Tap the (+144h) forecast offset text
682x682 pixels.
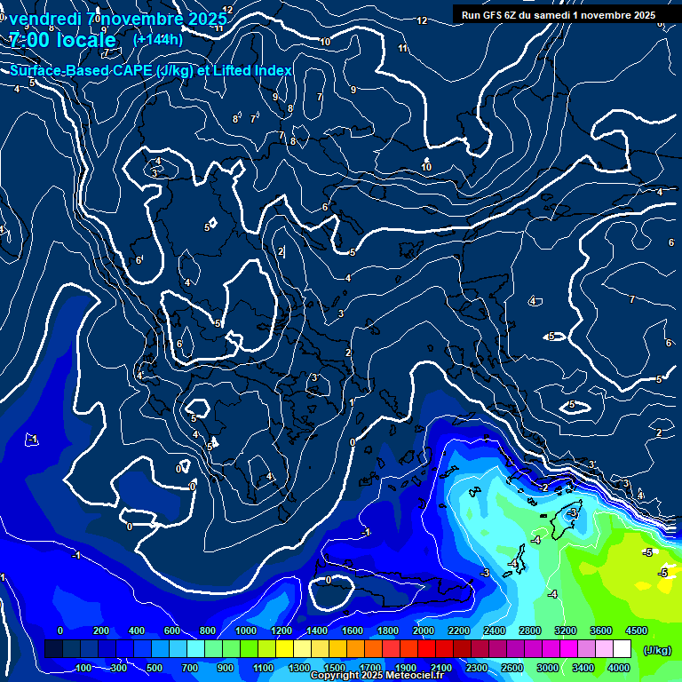click(158, 40)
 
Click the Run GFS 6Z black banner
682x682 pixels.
click(559, 15)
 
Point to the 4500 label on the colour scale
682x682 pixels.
click(636, 630)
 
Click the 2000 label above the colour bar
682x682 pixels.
click(424, 630)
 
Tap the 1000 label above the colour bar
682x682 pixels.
click(246, 630)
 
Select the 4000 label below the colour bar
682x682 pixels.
click(619, 668)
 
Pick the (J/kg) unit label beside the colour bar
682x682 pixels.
click(657, 651)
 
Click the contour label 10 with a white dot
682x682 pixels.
click(426, 166)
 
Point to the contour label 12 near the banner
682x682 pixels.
click(422, 20)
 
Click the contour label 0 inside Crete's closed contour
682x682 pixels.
click(329, 580)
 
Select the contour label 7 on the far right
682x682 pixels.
click(631, 300)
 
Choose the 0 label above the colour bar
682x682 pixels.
click(60, 630)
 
